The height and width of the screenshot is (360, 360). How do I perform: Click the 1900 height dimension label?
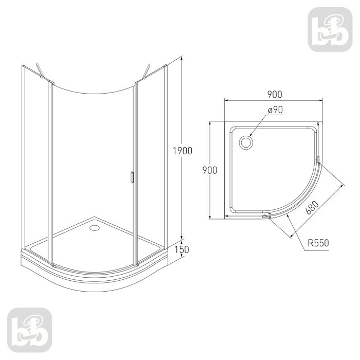coord(182,151)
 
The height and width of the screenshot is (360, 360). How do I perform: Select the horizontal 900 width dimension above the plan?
coord(275,94)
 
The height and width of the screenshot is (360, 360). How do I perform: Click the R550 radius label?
coord(318,242)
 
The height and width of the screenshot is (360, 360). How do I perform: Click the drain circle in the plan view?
coord(247,142)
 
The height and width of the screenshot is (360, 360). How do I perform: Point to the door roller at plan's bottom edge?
coord(265,217)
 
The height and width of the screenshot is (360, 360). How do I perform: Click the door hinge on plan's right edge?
coord(319,161)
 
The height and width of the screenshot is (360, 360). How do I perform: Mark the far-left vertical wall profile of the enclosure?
coord(23,154)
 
